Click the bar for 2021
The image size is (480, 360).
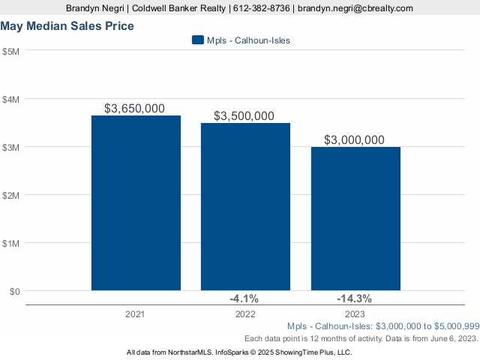tap(136, 202)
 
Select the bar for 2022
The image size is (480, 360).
tap(245, 206)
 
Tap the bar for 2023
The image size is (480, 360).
tap(355, 218)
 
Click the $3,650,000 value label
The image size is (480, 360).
tap(135, 108)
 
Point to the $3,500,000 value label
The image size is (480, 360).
tap(244, 115)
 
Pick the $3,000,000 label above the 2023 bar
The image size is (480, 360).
tap(355, 139)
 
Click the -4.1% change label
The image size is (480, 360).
tap(244, 298)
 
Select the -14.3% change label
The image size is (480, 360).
tap(355, 298)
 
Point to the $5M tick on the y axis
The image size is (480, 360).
tap(11, 51)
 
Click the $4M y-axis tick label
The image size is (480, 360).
tap(11, 99)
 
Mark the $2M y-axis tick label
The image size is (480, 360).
tap(11, 195)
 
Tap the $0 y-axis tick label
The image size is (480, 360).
tap(15, 291)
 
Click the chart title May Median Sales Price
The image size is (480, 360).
tap(67, 26)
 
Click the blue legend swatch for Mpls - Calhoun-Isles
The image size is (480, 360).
tap(198, 40)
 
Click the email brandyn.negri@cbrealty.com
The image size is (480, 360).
tap(355, 8)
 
